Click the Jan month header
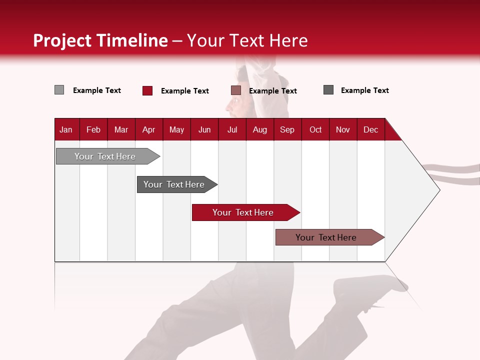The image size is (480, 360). coord(66,129)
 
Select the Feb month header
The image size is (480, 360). coord(93,129)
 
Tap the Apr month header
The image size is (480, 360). coord(148,129)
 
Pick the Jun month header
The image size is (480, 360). coord(204,129)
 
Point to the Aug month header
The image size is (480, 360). coord(259,129)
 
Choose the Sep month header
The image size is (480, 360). coord(287,129)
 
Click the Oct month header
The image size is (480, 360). coord(315,129)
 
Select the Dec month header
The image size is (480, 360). coord(370,129)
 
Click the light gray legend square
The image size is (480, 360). coord(59,90)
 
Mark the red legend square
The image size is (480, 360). coord(147,90)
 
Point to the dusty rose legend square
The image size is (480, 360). coord(236,90)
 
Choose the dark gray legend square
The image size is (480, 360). coord(328,90)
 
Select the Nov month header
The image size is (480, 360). coord(343,129)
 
